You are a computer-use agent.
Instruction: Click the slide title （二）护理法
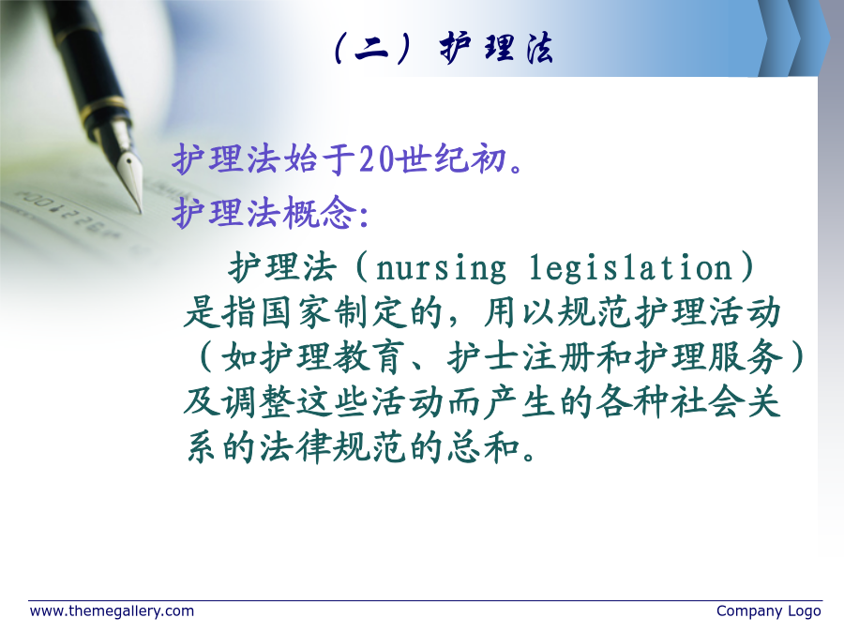tap(443, 48)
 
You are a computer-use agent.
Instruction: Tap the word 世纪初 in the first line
tap(452, 159)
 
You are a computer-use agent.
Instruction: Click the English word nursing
tap(441, 268)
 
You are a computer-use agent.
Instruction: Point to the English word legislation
tap(631, 267)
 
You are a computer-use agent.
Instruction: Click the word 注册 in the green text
tap(559, 357)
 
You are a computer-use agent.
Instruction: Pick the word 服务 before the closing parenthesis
tap(745, 357)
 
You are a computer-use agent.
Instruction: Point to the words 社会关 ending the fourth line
tap(726, 402)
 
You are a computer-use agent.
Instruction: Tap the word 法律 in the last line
tap(296, 446)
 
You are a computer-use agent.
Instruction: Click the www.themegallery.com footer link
tap(112, 611)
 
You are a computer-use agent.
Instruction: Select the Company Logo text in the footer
tap(769, 611)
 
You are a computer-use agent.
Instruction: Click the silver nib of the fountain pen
tap(129, 172)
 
